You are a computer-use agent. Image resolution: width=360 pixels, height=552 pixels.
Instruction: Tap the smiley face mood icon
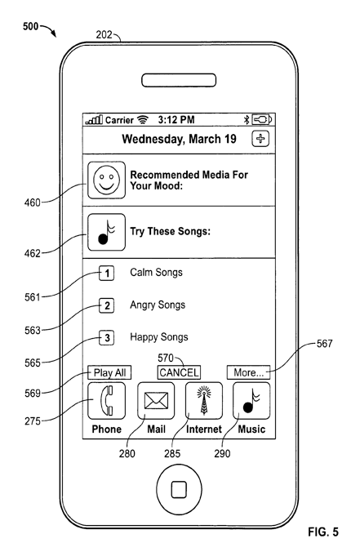tap(106, 180)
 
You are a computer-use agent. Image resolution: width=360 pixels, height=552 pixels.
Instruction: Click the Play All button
tap(109, 372)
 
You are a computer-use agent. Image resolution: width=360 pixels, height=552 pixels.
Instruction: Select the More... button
tap(248, 372)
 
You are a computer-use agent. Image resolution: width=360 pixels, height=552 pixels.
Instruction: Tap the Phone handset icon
tap(106, 401)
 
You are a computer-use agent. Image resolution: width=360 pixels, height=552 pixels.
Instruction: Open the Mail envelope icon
tap(156, 401)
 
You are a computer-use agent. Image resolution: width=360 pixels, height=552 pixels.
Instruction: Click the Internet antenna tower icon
tap(204, 401)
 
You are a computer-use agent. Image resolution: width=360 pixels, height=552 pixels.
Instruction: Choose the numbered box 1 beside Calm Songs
tap(107, 274)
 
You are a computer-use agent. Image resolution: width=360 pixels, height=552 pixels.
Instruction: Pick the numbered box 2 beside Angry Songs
tap(107, 305)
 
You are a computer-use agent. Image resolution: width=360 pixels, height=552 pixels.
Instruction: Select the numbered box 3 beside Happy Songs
tap(107, 338)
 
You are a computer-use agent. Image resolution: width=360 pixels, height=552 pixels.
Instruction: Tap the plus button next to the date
tap(260, 138)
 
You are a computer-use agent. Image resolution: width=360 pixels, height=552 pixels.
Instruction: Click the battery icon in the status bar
tap(262, 120)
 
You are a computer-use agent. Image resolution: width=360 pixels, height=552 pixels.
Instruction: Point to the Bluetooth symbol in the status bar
tap(247, 120)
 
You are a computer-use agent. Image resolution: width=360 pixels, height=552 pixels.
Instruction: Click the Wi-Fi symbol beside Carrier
tap(143, 120)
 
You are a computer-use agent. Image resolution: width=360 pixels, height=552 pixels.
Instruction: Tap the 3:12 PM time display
tap(176, 120)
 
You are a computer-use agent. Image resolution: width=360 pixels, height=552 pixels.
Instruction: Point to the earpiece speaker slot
tap(179, 80)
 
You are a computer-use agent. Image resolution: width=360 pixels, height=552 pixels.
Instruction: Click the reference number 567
tap(324, 343)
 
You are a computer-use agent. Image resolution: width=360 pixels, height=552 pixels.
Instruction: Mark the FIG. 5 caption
tap(323, 532)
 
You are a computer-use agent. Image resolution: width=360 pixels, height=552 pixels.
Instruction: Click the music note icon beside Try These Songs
tap(106, 232)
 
